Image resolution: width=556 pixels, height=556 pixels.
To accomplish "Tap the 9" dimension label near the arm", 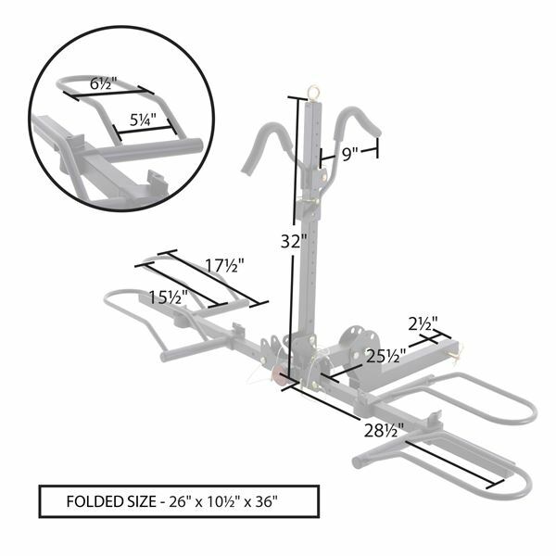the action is coord(348,156).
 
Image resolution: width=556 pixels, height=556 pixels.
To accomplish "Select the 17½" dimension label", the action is coord(223,266).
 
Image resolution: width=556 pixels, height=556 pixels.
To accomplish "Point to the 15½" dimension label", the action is coord(170,297).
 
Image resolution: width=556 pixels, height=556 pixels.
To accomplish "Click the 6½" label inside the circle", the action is coord(103,82).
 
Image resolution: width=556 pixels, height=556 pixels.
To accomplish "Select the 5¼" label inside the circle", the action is coord(141,118).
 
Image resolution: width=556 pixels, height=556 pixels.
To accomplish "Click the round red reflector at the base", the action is coord(277,378).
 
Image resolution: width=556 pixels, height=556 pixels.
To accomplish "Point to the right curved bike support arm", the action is coord(360,120).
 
